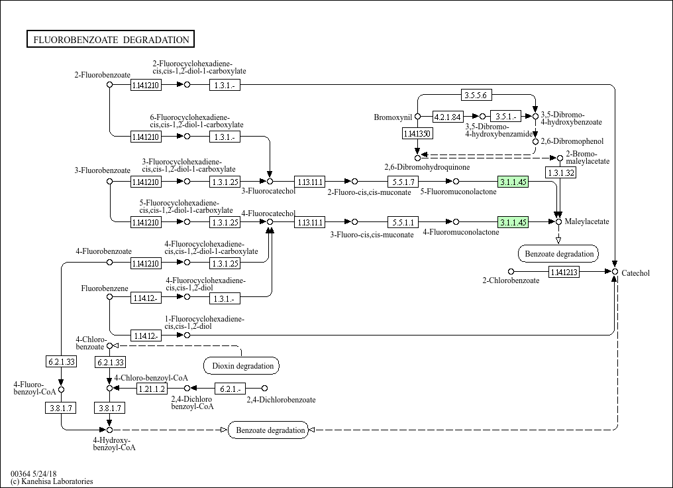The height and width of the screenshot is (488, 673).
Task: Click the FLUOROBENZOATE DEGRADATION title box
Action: tap(110, 40)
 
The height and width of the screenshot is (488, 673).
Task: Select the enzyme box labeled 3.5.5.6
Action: tap(476, 95)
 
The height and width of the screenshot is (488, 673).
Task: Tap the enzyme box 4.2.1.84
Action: tap(447, 117)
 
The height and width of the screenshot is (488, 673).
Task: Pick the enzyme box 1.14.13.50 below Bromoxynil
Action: tap(417, 134)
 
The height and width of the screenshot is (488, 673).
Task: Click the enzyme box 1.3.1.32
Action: tap(560, 172)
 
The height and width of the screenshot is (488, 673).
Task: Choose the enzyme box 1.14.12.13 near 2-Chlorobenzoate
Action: tap(564, 271)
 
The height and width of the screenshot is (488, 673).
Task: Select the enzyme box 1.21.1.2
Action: tap(152, 388)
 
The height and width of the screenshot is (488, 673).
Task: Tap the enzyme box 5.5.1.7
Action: tap(403, 181)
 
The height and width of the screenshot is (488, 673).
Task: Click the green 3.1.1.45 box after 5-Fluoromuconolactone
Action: tap(513, 181)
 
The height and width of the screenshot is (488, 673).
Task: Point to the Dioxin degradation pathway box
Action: tap(241, 365)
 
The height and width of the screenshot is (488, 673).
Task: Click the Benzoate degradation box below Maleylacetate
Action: tap(558, 253)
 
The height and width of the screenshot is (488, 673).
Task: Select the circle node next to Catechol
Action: tap(615, 272)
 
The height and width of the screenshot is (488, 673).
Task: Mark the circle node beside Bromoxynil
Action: tap(417, 117)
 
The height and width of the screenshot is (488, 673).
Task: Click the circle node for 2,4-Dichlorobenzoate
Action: tap(264, 388)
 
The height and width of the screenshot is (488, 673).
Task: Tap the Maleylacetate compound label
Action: tap(587, 221)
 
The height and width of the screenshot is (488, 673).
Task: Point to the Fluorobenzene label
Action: tap(100, 288)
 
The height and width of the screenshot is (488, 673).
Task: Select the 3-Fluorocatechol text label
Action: tap(268, 192)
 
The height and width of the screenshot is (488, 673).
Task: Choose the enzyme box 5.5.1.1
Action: tap(403, 222)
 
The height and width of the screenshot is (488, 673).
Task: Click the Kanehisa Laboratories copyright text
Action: tap(52, 481)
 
